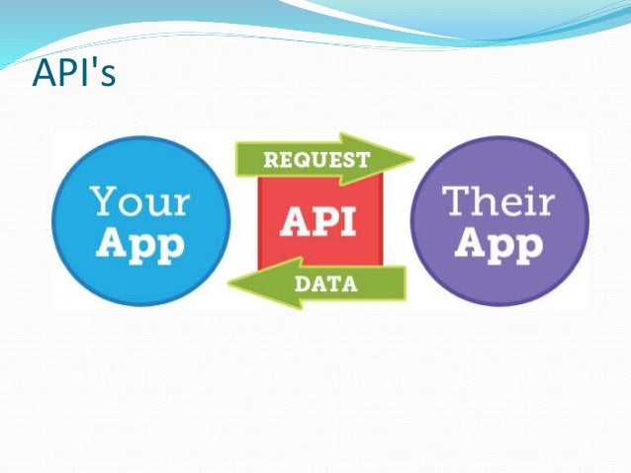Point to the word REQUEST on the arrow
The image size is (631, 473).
[x=317, y=158]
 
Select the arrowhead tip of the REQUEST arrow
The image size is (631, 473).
[x=412, y=159]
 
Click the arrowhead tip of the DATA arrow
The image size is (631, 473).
[x=229, y=284]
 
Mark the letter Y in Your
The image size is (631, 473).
[x=103, y=200]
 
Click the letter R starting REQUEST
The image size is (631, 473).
[x=271, y=158]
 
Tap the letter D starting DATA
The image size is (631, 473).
[x=300, y=284]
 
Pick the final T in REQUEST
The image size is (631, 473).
[x=365, y=158]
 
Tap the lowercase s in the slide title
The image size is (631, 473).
[x=106, y=78]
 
